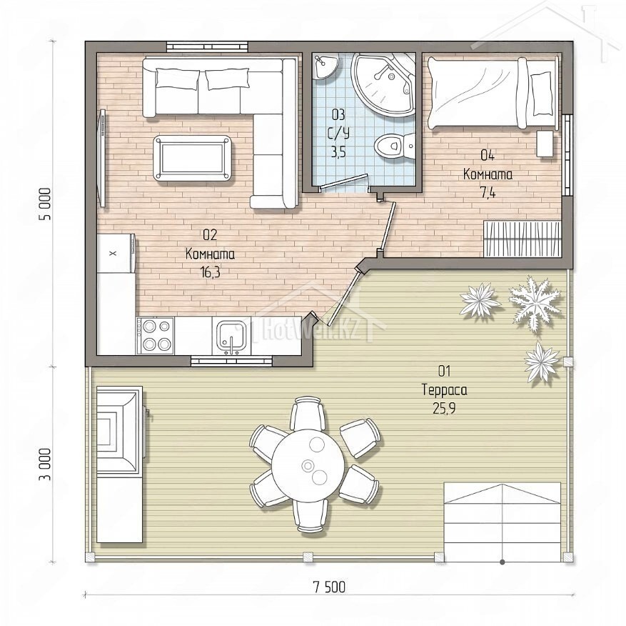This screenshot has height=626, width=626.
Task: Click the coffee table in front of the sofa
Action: tap(193, 157)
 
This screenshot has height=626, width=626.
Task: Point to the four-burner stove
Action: tap(155, 336)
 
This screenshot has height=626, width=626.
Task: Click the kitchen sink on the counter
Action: tap(231, 337)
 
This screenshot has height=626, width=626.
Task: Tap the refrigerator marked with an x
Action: tap(116, 253)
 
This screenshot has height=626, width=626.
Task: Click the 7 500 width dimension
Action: tap(329, 587)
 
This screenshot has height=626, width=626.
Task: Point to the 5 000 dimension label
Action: tap(46, 204)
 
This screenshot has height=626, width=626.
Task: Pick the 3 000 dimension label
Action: tap(46, 464)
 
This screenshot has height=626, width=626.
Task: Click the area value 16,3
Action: tap(211, 273)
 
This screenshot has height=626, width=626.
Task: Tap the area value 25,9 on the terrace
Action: tap(444, 408)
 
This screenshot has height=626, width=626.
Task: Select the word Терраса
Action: tap(445, 389)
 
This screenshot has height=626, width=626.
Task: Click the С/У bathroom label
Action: tap(338, 133)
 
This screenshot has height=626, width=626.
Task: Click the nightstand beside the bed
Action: tap(545, 143)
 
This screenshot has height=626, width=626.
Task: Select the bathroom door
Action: tap(344, 182)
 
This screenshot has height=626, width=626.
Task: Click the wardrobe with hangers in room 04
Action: tap(522, 239)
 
